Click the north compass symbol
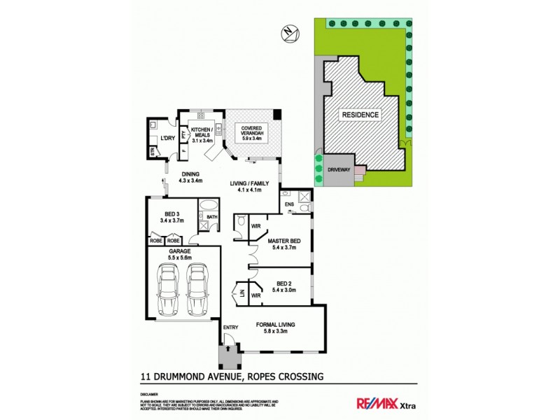pos(289,31)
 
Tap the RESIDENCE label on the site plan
pos(360,115)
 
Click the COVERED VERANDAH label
pos(251,134)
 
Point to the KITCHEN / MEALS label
pos(202,134)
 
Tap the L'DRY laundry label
pos(167,138)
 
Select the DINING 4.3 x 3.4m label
pos(190,177)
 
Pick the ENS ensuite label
pos(288,204)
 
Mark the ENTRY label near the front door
pos(230,328)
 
